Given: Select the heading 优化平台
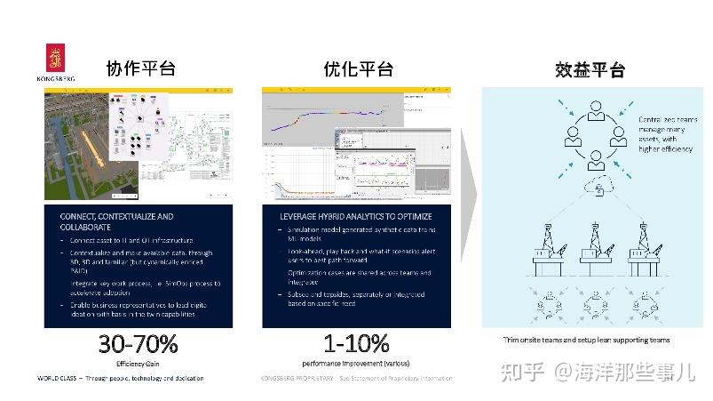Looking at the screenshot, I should (359, 69).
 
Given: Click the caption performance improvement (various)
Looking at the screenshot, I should (355, 364).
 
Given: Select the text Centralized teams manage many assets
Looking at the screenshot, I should (667, 133).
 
